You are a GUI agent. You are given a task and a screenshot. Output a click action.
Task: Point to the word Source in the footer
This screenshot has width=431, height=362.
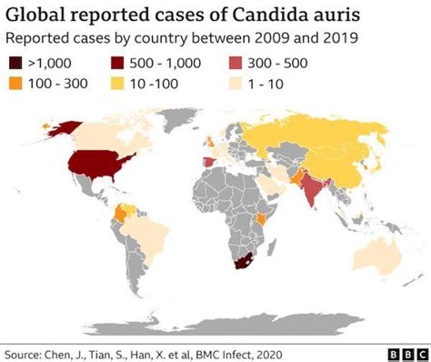(x=28, y=348)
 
